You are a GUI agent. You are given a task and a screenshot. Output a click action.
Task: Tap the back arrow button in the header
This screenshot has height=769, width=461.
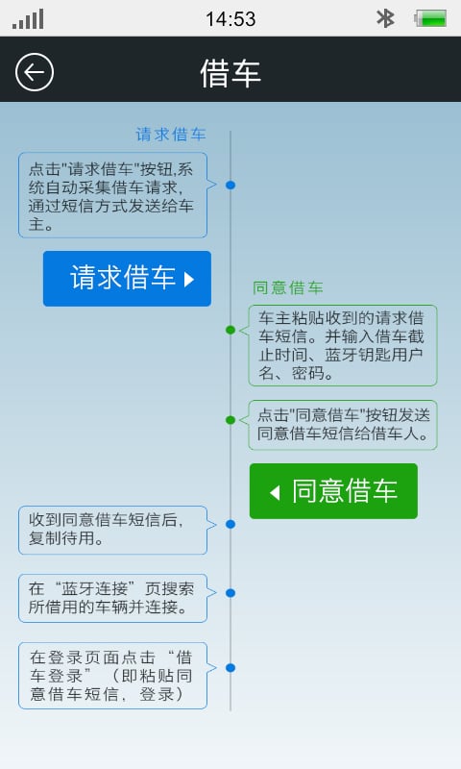pyautogui.click(x=35, y=72)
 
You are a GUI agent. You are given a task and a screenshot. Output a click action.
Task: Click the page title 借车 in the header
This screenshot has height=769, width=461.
pyautogui.click(x=230, y=73)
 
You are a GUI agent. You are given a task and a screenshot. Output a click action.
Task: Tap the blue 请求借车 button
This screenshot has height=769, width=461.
pyautogui.click(x=127, y=279)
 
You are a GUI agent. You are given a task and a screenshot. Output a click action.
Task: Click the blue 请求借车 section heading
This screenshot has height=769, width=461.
pyautogui.click(x=171, y=135)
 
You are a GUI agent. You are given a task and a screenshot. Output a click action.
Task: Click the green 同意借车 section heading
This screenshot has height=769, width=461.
pyautogui.click(x=288, y=287)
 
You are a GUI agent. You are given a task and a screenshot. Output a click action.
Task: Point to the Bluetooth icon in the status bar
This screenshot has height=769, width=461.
pyautogui.click(x=385, y=18)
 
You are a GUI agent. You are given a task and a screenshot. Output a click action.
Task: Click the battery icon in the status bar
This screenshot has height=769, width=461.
pyautogui.click(x=430, y=18)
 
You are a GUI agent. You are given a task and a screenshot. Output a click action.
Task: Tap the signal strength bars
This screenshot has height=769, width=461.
pyautogui.click(x=29, y=19)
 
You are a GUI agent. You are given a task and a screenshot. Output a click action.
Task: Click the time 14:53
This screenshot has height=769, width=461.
pyautogui.click(x=230, y=19)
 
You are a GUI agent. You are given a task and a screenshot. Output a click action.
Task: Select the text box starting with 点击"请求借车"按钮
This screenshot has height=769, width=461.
pyautogui.click(x=112, y=195)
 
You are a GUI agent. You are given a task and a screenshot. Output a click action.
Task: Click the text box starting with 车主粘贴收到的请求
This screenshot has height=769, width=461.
pyautogui.click(x=343, y=345)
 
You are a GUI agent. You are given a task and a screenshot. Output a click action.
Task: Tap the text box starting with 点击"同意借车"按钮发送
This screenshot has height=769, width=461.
pyautogui.click(x=343, y=425)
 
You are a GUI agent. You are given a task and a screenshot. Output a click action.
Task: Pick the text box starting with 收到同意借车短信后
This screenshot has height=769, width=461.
pyautogui.click(x=112, y=530)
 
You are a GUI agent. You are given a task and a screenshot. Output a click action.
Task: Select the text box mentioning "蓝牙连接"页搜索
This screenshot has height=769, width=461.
pyautogui.click(x=112, y=598)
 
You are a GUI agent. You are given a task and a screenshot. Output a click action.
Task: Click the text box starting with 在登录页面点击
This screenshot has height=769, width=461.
pyautogui.click(x=112, y=676)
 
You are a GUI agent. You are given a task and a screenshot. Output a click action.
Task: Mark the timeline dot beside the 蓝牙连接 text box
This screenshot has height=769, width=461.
pyautogui.click(x=230, y=593)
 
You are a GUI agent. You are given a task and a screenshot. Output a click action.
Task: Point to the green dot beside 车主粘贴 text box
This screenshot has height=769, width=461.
pyautogui.click(x=230, y=330)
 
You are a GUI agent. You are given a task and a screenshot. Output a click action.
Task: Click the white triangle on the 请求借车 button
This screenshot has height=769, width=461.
pyautogui.click(x=189, y=279)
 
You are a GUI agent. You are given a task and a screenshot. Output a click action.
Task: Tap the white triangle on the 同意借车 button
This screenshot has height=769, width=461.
pyautogui.click(x=275, y=492)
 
